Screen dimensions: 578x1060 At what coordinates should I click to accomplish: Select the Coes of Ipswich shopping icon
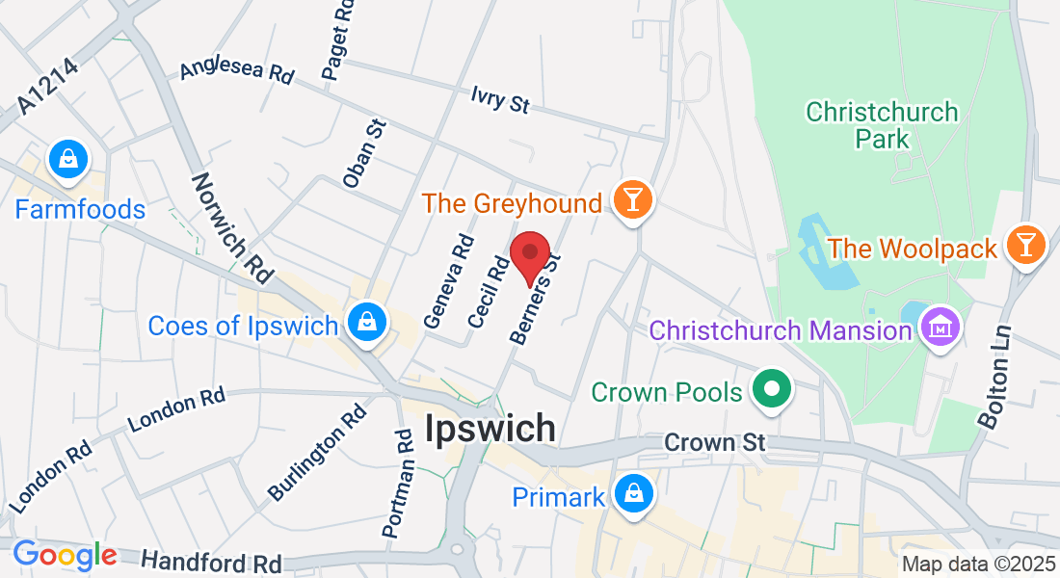(366, 324)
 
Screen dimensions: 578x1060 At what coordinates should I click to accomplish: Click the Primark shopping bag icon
(634, 494)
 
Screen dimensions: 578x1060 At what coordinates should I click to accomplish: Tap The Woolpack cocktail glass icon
(1025, 246)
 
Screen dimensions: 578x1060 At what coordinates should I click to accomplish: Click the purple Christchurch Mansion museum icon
(939, 328)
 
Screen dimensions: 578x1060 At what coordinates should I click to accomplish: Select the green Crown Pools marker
(770, 390)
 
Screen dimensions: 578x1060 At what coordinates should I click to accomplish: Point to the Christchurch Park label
(882, 125)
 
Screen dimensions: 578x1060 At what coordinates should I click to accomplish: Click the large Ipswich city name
(490, 429)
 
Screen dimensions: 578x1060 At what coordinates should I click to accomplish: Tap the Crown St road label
(715, 442)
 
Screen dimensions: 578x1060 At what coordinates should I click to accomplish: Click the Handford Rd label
(211, 561)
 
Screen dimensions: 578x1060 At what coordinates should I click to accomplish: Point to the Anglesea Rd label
(236, 70)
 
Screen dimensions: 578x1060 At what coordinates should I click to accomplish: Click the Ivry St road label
(500, 99)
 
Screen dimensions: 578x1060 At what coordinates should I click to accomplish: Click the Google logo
(65, 555)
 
